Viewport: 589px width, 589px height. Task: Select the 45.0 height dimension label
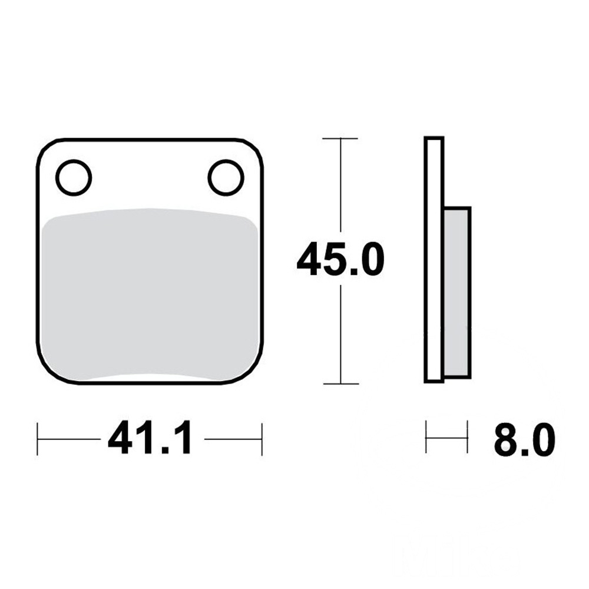(x=340, y=259)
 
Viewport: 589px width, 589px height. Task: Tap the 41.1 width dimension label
(x=151, y=438)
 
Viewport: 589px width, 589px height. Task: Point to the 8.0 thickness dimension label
(x=524, y=439)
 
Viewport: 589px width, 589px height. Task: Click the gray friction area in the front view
(x=150, y=293)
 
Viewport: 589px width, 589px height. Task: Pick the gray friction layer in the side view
(x=457, y=292)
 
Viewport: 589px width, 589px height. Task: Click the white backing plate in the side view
(x=434, y=260)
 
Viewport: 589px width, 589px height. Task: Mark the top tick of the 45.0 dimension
(x=340, y=138)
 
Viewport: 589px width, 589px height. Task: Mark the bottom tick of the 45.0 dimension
(x=340, y=384)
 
